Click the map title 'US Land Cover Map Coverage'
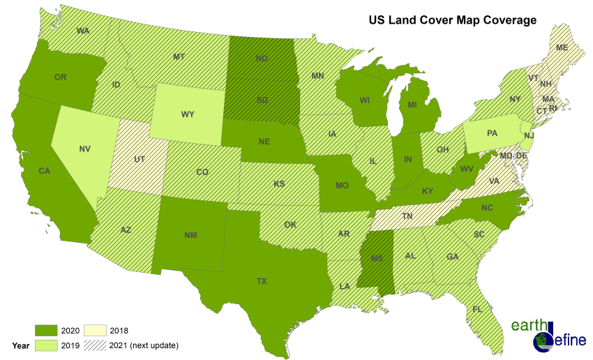452,20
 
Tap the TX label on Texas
262,281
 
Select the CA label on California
44,171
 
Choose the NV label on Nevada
85,149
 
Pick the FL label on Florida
477,308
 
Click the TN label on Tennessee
409,217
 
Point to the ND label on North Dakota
262,59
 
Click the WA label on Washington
83,31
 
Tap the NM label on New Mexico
190,235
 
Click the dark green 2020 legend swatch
46,330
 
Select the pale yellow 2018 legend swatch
95,330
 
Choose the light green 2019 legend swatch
46,345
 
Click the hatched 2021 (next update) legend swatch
95,345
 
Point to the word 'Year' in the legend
21,345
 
